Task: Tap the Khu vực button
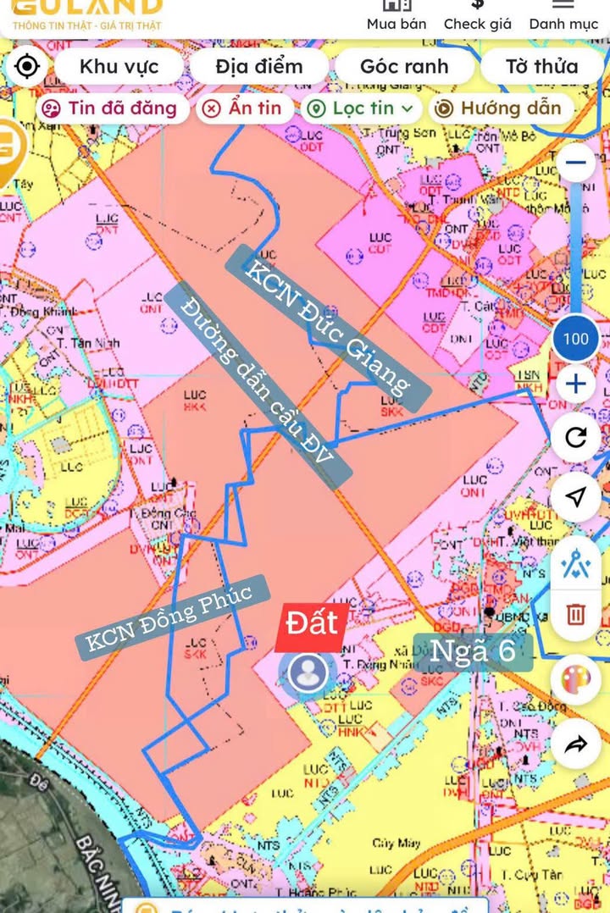tap(119, 66)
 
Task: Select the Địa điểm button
tap(258, 66)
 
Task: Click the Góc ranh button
tap(403, 66)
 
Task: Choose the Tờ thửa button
tap(541, 66)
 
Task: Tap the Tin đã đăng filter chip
tap(111, 108)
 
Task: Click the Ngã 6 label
tap(473, 651)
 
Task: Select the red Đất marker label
tap(311, 622)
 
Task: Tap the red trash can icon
tap(576, 612)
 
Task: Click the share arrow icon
tap(576, 744)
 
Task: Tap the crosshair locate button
tap(27, 66)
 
